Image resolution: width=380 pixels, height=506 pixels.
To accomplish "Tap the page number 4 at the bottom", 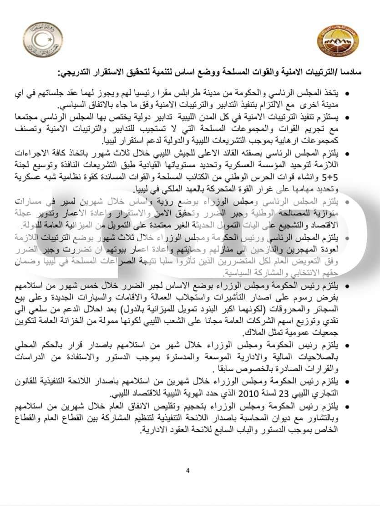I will point(187,471).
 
